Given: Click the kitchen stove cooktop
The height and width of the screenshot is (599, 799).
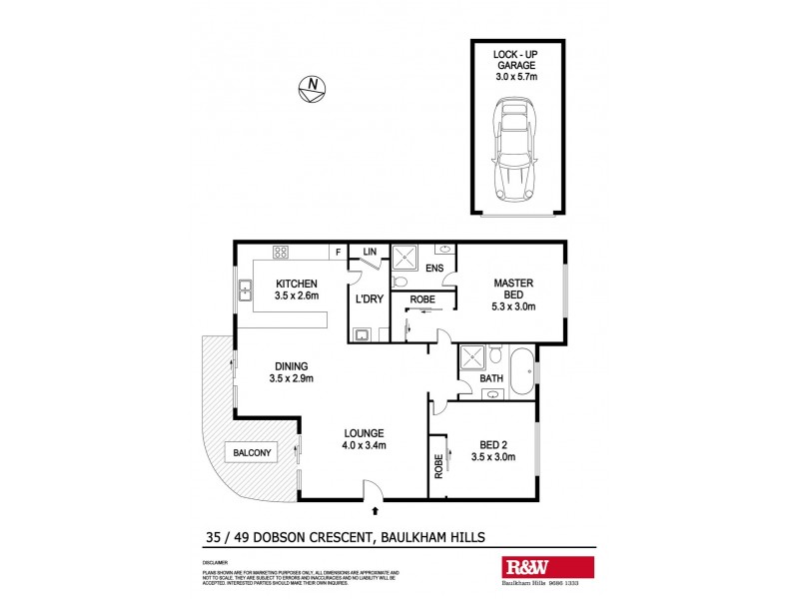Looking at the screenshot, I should tap(281, 253).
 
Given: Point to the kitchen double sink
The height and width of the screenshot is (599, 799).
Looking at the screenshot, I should tap(245, 292).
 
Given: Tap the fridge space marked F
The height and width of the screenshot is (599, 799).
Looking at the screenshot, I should tap(339, 252).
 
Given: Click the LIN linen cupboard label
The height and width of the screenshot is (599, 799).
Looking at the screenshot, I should tap(369, 252).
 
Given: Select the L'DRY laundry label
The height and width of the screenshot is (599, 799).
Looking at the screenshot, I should tap(367, 299).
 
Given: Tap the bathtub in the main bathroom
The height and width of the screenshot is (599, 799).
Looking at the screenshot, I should tap(519, 373).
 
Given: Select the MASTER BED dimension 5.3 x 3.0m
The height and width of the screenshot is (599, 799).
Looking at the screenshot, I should tap(514, 306).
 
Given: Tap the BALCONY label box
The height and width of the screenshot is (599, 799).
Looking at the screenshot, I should tap(251, 453).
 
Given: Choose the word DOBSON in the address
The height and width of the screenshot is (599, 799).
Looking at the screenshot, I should tap(289, 536).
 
